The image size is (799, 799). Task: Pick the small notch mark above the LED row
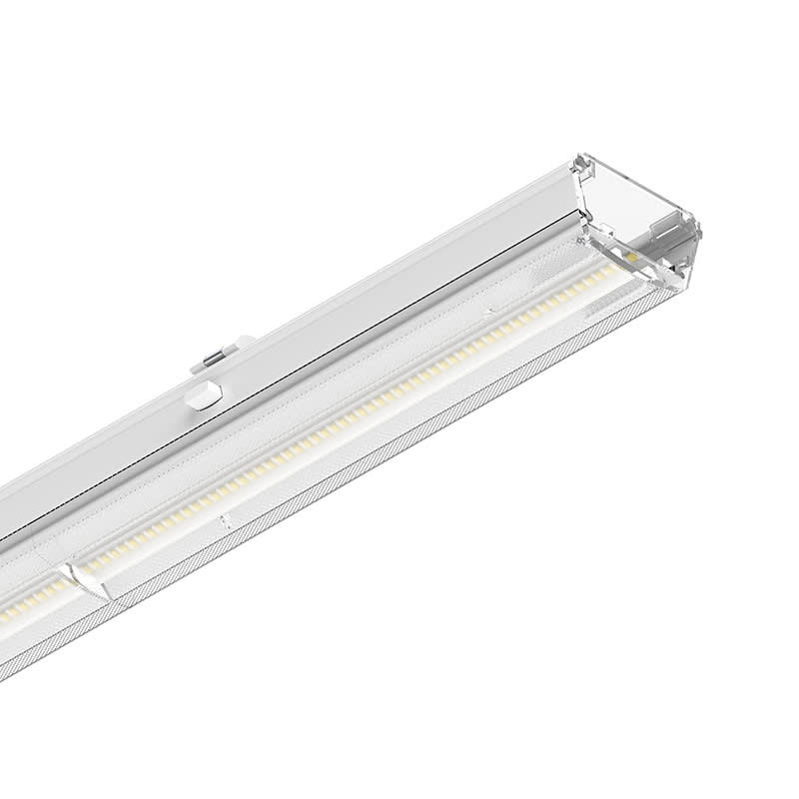coord(489,313)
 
